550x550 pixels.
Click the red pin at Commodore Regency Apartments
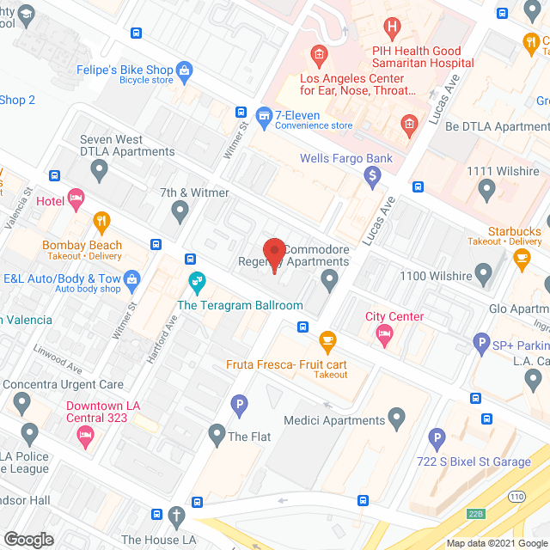pos(274,252)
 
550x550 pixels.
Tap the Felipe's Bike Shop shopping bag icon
pos(184,70)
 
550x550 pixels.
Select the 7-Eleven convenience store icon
pos(265,113)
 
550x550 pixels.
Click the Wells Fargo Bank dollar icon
pos(372,178)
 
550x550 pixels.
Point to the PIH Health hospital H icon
pos(393,28)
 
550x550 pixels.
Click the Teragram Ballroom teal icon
pos(197,281)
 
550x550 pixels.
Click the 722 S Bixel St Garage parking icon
pos(437,439)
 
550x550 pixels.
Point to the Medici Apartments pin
pos(396,419)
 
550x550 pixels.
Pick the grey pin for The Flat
pos(217,436)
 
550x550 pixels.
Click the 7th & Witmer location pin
pos(180,209)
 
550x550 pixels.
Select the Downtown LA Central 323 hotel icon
pos(86,437)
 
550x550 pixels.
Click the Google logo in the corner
pos(27,539)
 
